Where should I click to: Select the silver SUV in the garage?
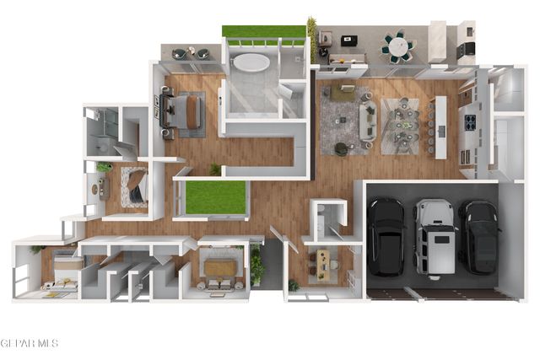[435, 237]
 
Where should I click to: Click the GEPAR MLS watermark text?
[30, 343]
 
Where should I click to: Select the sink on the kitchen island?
[441, 131]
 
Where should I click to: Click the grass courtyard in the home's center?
[216, 197]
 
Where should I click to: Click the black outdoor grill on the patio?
[466, 49]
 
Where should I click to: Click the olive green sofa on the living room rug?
[343, 92]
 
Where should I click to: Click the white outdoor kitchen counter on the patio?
[437, 42]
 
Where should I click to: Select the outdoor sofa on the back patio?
[347, 59]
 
